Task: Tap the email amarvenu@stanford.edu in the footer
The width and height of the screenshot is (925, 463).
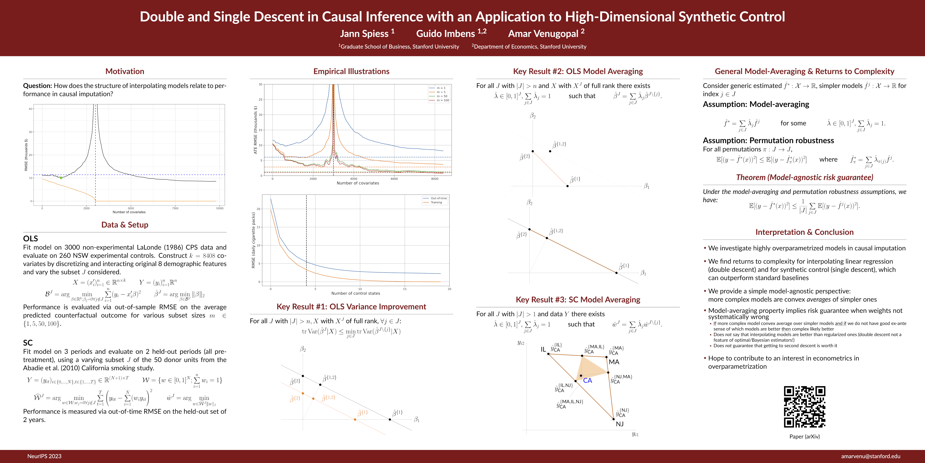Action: click(x=870, y=456)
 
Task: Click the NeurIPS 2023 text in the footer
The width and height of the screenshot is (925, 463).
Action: click(x=44, y=456)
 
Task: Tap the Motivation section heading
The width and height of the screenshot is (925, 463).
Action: click(x=125, y=71)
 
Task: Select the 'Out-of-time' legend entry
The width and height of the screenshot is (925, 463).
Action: click(x=438, y=198)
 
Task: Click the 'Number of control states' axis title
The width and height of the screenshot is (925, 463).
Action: click(x=356, y=293)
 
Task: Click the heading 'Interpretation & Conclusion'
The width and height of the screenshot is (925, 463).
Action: click(x=804, y=232)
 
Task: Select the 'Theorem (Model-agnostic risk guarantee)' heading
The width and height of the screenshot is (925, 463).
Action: click(x=804, y=177)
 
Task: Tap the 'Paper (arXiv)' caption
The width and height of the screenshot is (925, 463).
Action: click(x=804, y=436)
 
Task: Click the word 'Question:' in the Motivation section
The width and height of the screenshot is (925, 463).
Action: click(x=37, y=86)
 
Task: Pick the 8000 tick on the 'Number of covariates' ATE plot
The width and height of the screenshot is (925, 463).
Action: click(x=434, y=179)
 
